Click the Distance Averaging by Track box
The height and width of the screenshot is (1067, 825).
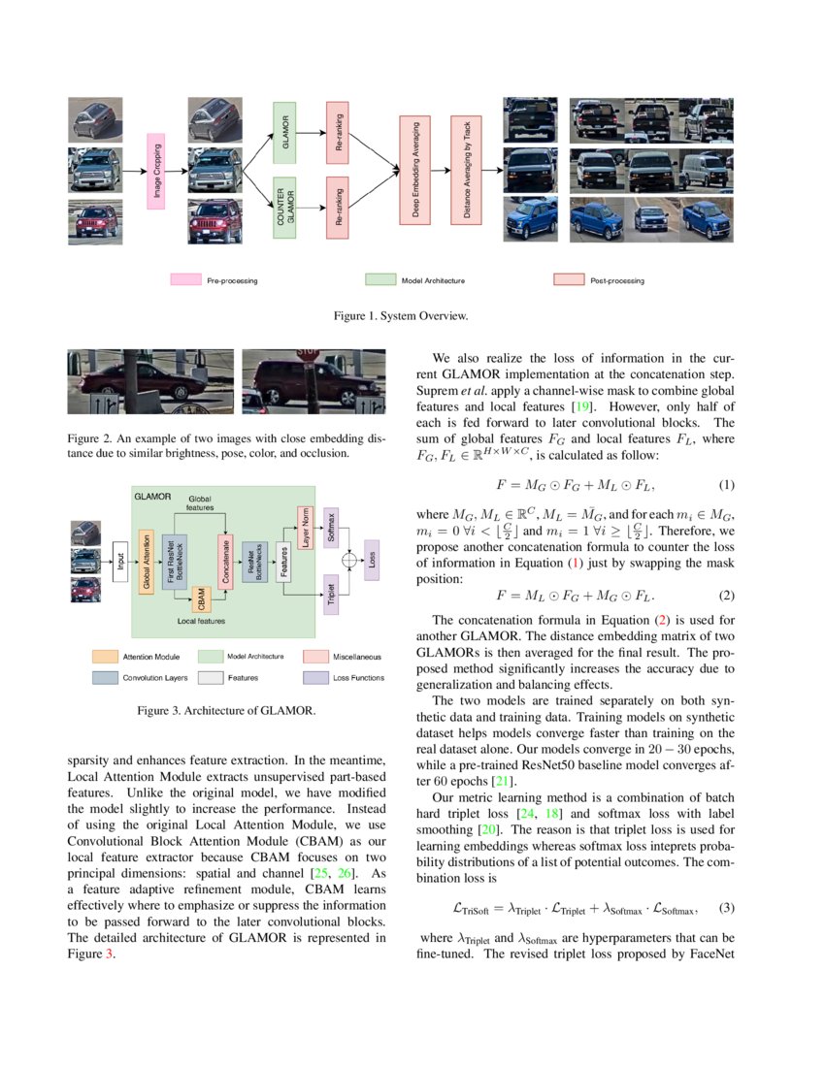click(468, 172)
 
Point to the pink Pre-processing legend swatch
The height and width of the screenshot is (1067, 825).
click(184, 280)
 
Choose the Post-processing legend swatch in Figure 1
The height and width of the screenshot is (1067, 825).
click(568, 280)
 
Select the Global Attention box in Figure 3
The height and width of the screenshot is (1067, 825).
click(148, 561)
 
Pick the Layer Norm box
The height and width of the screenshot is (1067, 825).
click(304, 530)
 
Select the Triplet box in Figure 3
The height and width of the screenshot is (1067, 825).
click(331, 593)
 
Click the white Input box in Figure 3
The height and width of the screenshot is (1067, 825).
click(120, 561)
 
